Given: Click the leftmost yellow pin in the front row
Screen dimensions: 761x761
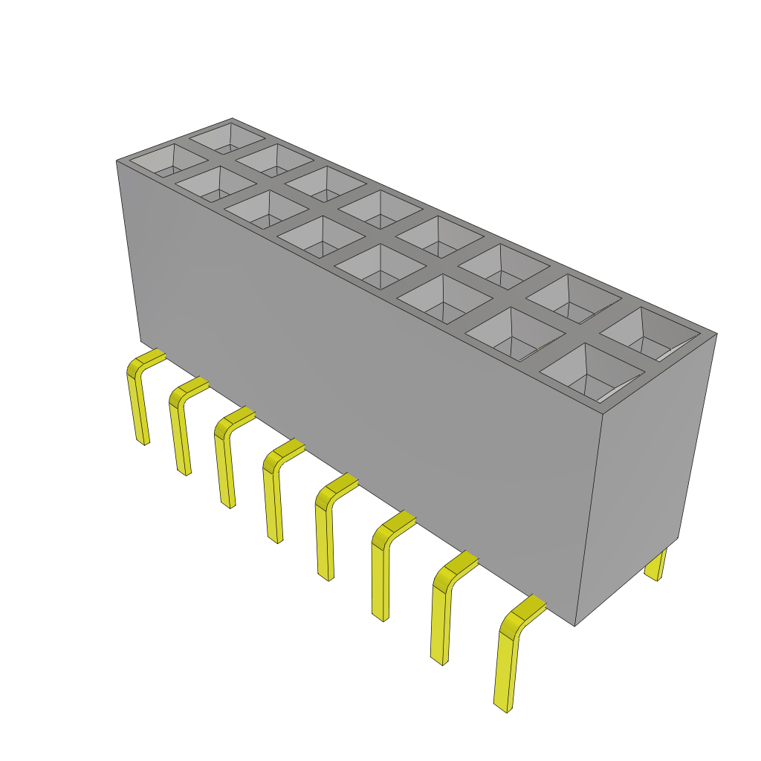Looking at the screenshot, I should (x=137, y=401).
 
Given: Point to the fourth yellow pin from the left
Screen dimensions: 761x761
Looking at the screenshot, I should (x=273, y=494).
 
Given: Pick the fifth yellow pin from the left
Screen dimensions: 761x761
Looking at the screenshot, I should (x=324, y=531).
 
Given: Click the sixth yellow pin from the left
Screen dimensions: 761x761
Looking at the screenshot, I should (x=380, y=572).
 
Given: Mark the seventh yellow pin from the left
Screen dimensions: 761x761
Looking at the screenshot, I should (x=440, y=617).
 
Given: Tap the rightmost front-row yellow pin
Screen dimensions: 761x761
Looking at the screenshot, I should (x=505, y=661).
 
